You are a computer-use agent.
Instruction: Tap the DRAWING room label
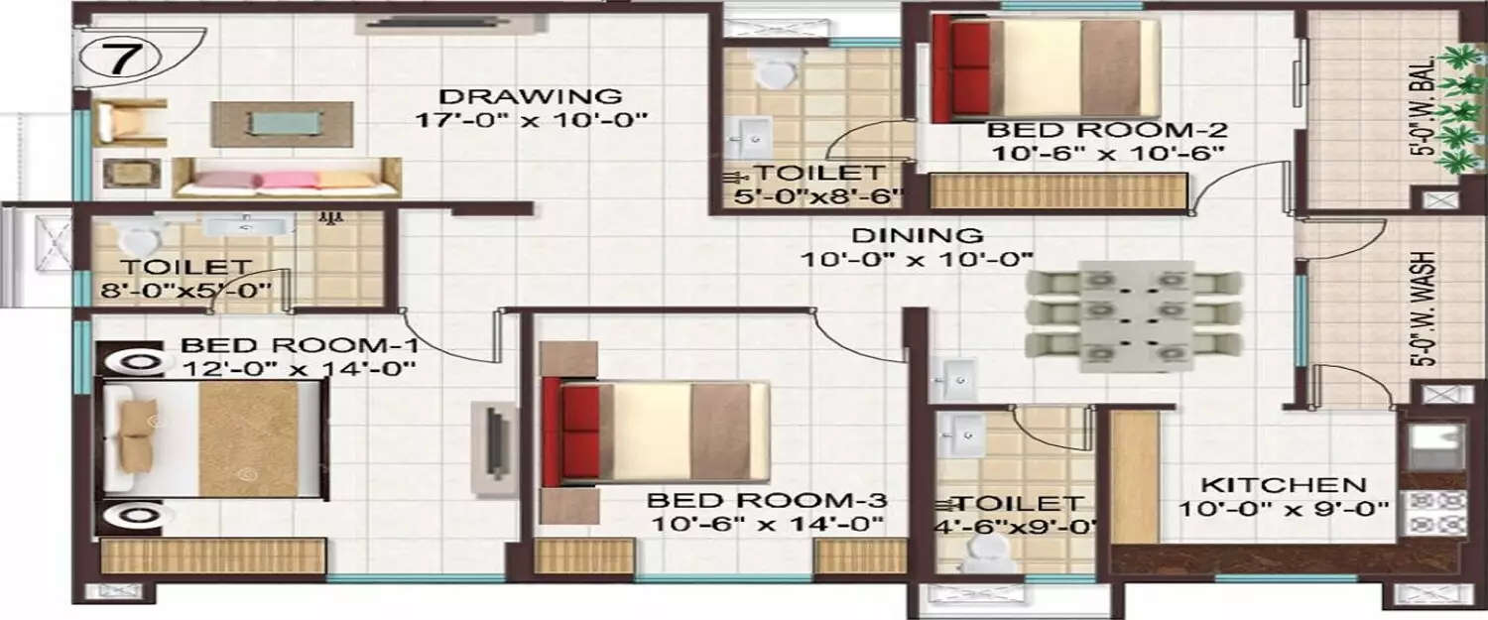coord(530,97)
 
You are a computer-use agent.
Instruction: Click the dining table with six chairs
coord(1133,316)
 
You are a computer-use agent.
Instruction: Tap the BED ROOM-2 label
coord(1107,130)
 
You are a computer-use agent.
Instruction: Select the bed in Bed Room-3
coord(655,434)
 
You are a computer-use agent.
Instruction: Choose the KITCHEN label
coord(1284,485)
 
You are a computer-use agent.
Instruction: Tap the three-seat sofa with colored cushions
coord(287,178)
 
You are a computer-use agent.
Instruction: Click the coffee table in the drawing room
coord(282,122)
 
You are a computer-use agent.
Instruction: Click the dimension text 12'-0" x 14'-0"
coord(298,368)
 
